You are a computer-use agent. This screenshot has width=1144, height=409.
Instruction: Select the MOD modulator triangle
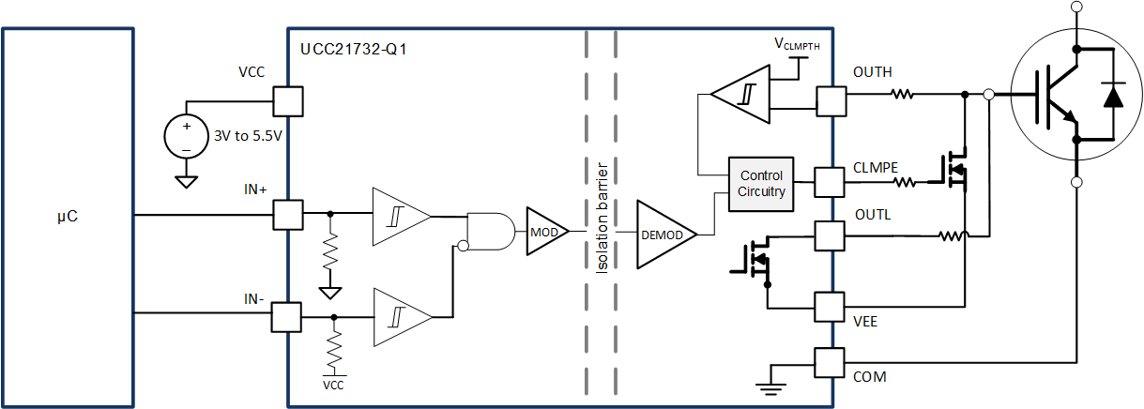point(544,231)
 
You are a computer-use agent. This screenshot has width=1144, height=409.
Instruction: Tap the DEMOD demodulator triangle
point(664,235)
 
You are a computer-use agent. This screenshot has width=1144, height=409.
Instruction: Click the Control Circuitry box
point(761,183)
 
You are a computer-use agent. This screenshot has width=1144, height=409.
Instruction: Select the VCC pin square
point(287,101)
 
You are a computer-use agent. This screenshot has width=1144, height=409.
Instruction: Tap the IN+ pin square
point(287,215)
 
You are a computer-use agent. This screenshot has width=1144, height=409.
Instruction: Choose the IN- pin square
point(285,317)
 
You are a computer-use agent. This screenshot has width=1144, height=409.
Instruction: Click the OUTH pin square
point(831,101)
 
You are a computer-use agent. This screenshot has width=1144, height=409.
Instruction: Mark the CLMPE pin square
point(830,182)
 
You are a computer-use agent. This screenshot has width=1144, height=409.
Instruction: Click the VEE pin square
point(830,307)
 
